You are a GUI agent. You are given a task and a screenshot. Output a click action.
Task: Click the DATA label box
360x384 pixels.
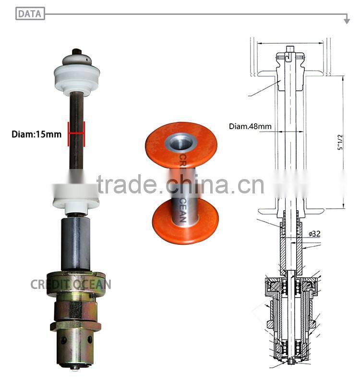coord(30,14)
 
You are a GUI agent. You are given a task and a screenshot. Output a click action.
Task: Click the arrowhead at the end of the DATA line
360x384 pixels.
coord(347,21)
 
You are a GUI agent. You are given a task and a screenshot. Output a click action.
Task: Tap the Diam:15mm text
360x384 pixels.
coord(36,134)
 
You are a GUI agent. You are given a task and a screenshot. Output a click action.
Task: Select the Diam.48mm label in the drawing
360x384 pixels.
coord(250,127)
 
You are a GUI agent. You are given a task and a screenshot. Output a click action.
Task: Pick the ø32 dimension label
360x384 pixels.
coord(314,234)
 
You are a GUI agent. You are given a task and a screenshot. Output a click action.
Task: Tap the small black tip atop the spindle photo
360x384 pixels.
coord(76,51)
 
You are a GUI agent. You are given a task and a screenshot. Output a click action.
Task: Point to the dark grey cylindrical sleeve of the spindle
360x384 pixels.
coord(76,243)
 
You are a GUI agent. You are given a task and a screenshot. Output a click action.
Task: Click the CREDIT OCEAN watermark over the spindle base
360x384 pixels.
coord(71,284)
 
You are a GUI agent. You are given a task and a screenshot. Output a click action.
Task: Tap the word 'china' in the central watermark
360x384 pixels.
coord(197,184)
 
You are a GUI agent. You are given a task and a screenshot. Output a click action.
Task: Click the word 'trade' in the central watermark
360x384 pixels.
coord(127,184)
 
